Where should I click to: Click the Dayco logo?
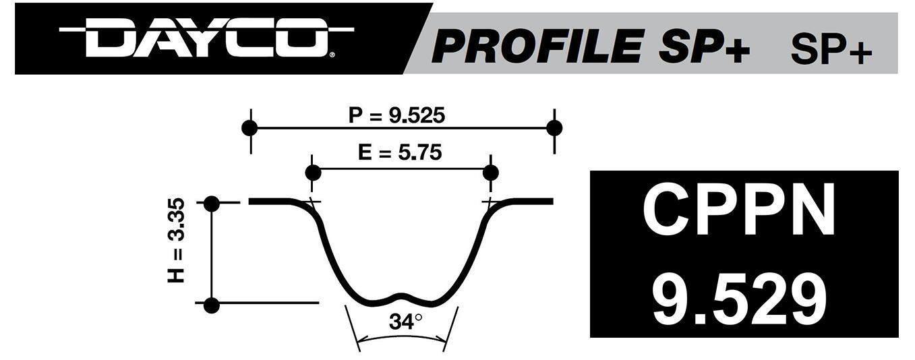[206, 39]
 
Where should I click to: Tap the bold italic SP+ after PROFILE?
[708, 47]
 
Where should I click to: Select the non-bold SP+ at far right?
[831, 49]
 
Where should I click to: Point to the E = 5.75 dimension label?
[400, 153]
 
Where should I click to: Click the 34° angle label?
[405, 322]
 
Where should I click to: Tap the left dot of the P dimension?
[249, 127]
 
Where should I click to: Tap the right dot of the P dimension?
[554, 127]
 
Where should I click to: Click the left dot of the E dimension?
[313, 172]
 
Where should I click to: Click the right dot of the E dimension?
[490, 172]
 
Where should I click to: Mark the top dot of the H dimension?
[212, 203]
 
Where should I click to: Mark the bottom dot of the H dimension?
[212, 305]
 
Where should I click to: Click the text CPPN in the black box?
[739, 210]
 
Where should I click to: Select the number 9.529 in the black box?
[739, 298]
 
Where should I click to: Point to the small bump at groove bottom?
[402, 295]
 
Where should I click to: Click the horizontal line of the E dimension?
[402, 169]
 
